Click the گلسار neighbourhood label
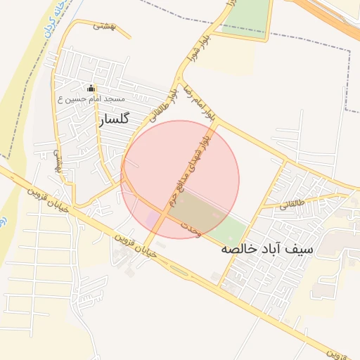click(x=115, y=120)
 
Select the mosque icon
click(x=90, y=89)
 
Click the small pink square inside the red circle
click(x=153, y=219)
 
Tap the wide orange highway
click(x=330, y=18)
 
